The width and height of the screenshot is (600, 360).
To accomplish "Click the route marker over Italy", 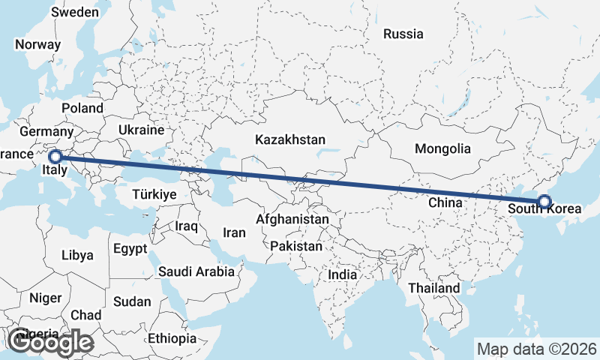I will (55, 157).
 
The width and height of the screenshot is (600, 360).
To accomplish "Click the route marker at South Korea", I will (544, 201).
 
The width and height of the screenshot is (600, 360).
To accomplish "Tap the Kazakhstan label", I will (289, 139).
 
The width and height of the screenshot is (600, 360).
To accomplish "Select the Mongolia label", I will (442, 148).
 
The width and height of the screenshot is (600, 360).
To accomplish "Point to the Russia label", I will (403, 34).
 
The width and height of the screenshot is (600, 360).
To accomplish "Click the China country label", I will (445, 202).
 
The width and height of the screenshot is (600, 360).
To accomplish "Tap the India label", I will (343, 274).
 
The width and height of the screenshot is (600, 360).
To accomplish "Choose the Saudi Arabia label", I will (196, 271).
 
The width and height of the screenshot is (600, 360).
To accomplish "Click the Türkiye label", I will (154, 194).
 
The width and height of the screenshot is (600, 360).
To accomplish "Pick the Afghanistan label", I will (292, 220).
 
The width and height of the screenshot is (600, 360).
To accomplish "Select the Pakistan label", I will (296, 246).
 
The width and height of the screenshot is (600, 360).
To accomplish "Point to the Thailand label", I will (433, 288).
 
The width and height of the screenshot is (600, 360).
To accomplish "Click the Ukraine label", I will (140, 130).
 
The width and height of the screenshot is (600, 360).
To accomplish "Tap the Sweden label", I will (75, 12).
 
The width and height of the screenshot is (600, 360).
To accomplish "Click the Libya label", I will (77, 255).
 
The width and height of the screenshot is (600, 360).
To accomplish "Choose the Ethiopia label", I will (172, 338).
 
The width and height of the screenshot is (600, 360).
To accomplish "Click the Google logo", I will (50, 343).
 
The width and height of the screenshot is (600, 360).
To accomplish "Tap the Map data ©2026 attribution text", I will (536, 349).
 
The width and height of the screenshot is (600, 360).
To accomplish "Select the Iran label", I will (234, 232).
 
